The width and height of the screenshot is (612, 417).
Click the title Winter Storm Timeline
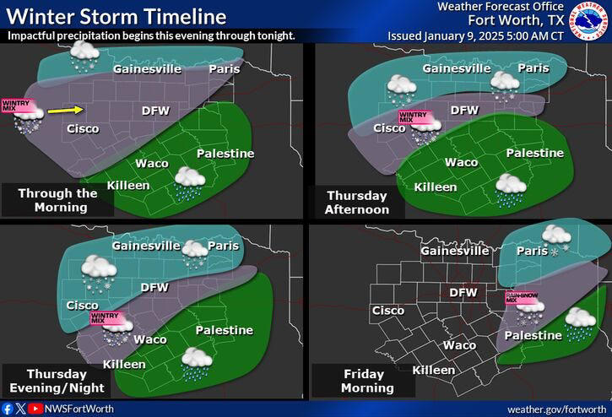pyautogui.click(x=115, y=17)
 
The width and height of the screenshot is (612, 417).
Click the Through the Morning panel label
pyautogui.click(x=57, y=199)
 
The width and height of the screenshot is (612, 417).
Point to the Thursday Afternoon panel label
pyautogui.click(x=358, y=202)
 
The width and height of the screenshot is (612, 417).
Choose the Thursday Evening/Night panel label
pyautogui.click(x=57, y=380)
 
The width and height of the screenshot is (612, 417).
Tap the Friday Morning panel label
pyautogui.click(x=367, y=380)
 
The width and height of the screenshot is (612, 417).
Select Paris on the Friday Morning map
pyautogui.click(x=532, y=251)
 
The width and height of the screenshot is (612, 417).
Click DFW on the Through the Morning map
pyautogui.click(x=155, y=110)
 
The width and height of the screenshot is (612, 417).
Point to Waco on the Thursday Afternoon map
pyautogui.click(x=461, y=162)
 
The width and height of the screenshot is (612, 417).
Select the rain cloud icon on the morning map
pyautogui.click(x=189, y=183)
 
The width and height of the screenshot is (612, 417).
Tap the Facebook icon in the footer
pyautogui.click(x=8, y=408)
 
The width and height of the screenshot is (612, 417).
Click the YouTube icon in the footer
pyautogui.click(x=35, y=408)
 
